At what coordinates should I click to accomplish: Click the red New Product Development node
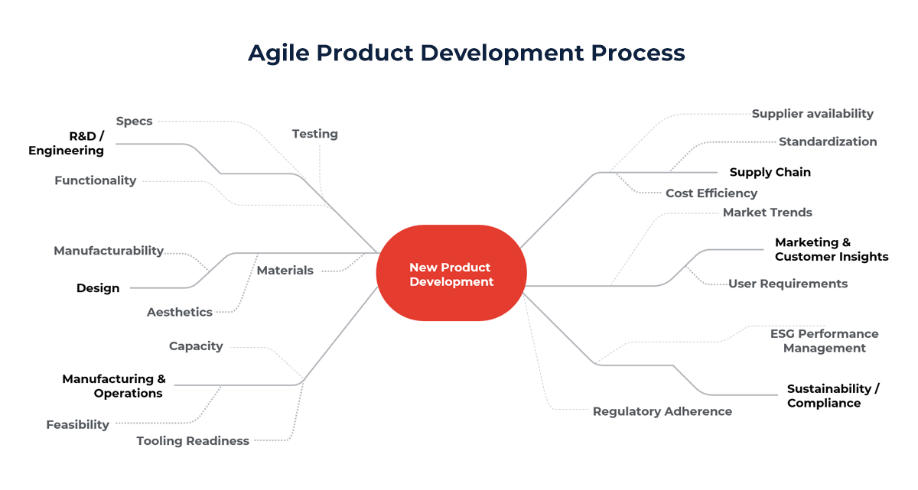tap(451, 274)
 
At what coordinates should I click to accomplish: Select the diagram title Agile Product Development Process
tap(466, 53)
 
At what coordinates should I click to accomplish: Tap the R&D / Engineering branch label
tap(67, 144)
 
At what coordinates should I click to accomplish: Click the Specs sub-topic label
tap(134, 121)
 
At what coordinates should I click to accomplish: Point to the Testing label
tap(314, 134)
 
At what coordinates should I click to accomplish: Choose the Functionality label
tap(95, 180)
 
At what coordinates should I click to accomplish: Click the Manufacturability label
tap(109, 251)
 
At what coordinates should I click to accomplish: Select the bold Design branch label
tap(98, 288)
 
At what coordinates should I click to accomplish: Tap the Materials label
tap(285, 271)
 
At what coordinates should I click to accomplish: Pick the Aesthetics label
tap(180, 312)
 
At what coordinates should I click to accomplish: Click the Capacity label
tap(196, 346)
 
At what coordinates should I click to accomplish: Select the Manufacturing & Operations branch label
tap(114, 386)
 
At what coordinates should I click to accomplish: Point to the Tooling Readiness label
tap(193, 440)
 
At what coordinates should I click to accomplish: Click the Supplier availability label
tap(812, 113)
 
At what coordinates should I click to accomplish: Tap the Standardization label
tap(828, 141)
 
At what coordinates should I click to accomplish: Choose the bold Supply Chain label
tap(770, 172)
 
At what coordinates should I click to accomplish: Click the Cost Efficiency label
tap(711, 193)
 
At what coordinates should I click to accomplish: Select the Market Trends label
tap(767, 213)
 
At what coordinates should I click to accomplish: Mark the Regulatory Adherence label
tap(662, 411)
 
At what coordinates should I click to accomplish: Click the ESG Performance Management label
tap(824, 341)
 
